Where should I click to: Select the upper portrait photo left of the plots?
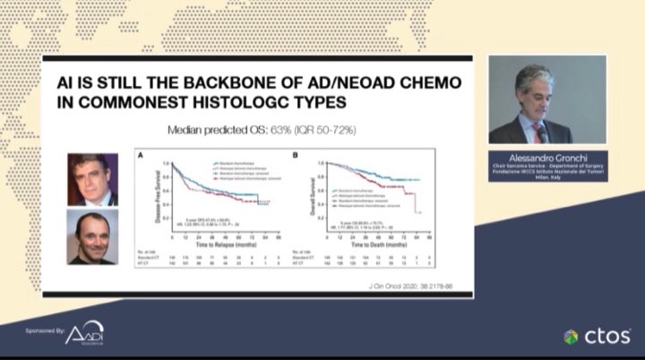tap(92, 179)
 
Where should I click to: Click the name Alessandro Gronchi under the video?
tap(547, 155)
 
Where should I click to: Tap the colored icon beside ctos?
tap(571, 337)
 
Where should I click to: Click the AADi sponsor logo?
tap(83, 333)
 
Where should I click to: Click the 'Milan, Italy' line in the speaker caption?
tap(547, 179)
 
